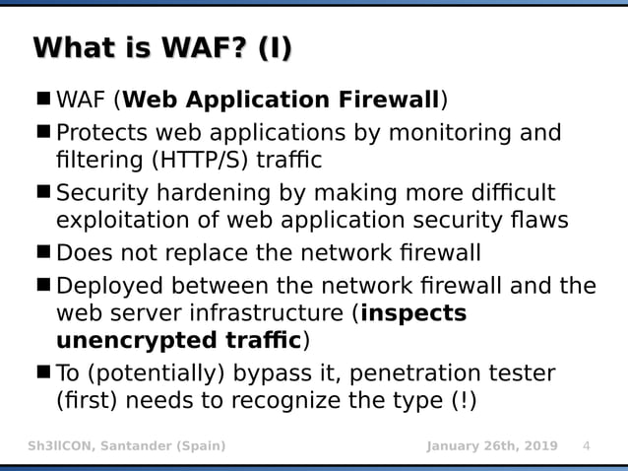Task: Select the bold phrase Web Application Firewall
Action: pos(281,101)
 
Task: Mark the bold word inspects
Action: pos(413,314)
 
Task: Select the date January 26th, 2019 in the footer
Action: pos(491,446)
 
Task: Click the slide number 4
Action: pos(587,446)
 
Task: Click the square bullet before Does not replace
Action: pos(43,252)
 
